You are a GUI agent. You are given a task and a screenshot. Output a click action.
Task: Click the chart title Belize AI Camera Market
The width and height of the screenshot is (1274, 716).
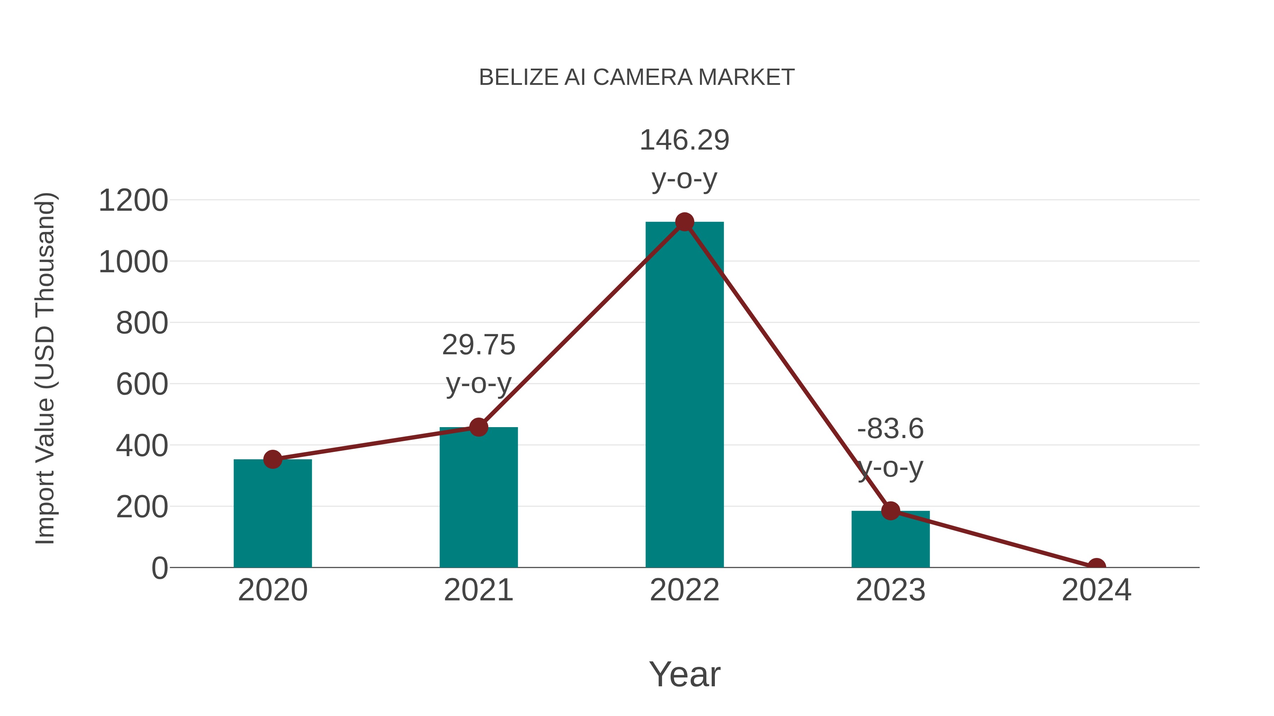tap(637, 77)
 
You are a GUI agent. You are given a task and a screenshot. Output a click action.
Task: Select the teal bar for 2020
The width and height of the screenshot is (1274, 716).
tap(272, 514)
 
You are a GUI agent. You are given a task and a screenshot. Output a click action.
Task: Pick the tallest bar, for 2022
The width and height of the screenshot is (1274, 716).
tap(684, 395)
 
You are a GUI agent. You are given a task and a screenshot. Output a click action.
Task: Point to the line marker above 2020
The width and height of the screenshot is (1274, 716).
tap(272, 460)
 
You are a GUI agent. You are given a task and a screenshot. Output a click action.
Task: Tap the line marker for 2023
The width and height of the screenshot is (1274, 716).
tap(890, 511)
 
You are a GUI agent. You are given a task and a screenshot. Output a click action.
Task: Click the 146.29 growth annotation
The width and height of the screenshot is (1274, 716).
tap(684, 140)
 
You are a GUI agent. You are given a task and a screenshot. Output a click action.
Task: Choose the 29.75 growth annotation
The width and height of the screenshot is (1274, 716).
tap(478, 345)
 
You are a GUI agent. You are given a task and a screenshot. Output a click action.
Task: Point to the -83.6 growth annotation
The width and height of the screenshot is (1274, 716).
tap(890, 429)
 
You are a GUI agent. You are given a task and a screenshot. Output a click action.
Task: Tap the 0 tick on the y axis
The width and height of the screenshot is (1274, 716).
tap(159, 568)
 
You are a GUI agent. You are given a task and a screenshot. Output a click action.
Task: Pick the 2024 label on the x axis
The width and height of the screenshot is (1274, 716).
tap(1096, 590)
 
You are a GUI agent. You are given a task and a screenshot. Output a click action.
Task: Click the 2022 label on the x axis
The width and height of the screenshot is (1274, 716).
tap(684, 590)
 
